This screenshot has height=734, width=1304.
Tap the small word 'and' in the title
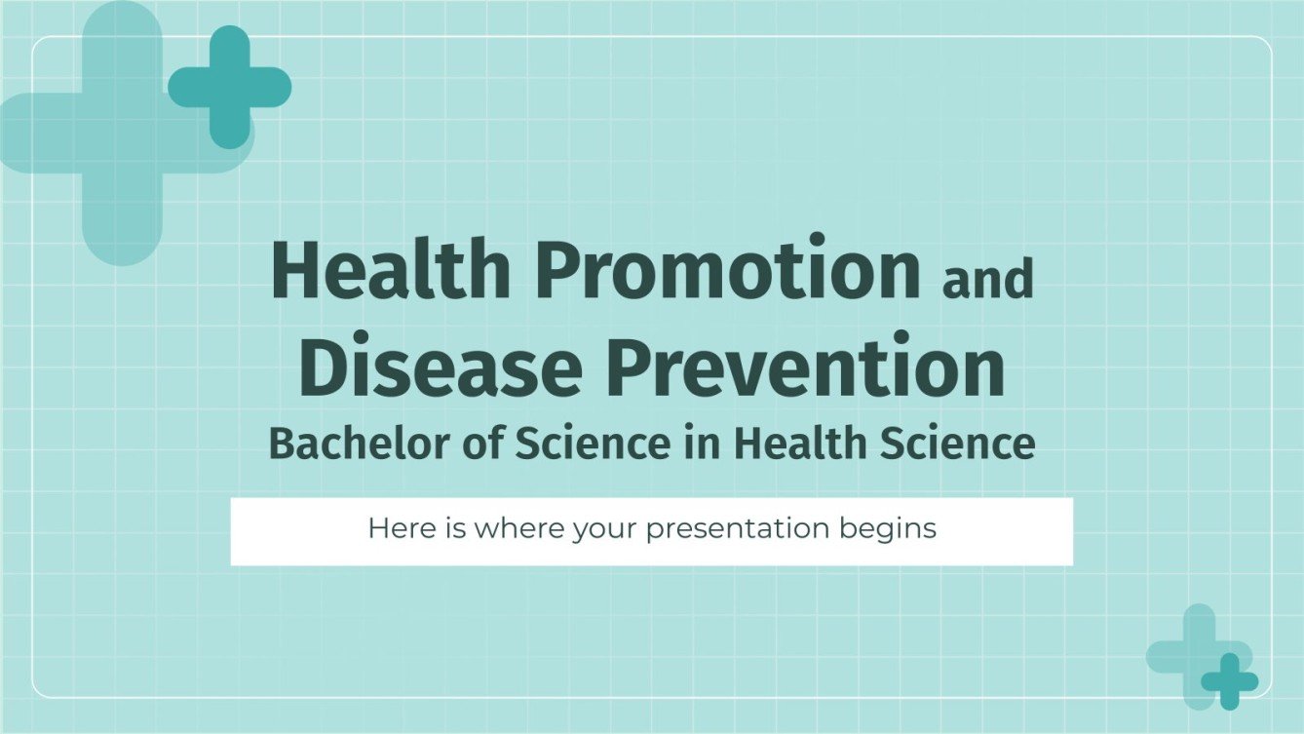pyautogui.click(x=987, y=280)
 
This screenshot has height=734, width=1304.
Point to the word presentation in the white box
pyautogui.click(x=737, y=529)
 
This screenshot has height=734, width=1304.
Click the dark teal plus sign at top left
pyautogui.click(x=230, y=87)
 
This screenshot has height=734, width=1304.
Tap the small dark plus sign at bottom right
pyautogui.click(x=1229, y=681)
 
